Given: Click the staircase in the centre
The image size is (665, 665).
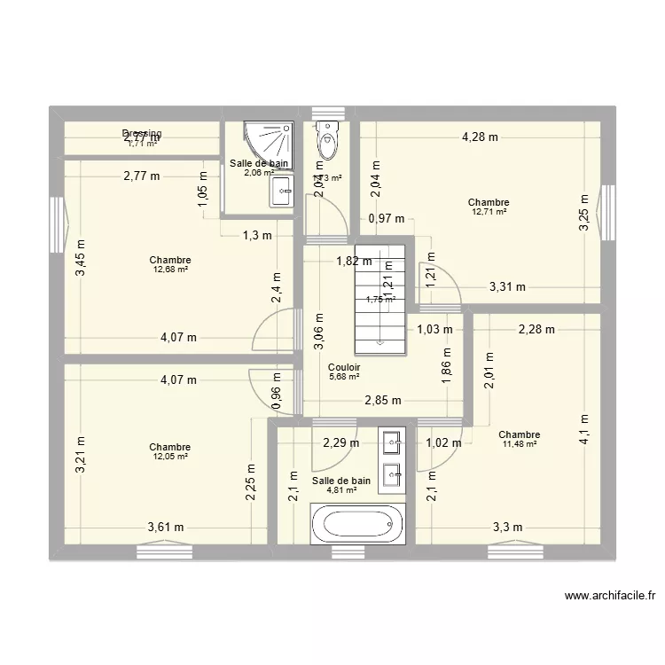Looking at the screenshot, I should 379,293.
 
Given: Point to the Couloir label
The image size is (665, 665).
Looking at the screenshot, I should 343,367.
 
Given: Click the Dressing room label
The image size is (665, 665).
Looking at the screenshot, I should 142,133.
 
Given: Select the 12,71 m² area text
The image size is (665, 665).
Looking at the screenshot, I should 489,212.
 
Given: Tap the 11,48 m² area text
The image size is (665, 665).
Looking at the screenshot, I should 520,445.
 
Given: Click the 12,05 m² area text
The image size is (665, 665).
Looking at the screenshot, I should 169,457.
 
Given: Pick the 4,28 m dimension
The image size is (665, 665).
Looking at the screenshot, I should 480,137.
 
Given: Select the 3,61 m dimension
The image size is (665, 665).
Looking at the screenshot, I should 166,527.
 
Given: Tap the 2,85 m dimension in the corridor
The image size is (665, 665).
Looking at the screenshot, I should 382,400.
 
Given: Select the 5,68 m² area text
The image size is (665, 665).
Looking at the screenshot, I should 343,377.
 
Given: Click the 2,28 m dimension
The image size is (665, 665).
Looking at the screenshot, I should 536,330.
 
